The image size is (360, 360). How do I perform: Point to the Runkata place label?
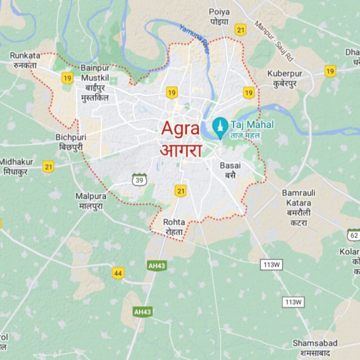pos(25,55)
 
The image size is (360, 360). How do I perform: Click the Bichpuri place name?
pos(71,137)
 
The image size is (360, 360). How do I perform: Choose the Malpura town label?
pos(91,196)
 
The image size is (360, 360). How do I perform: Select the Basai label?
pos(230,165)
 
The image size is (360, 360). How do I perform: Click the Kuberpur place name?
pos(285,74)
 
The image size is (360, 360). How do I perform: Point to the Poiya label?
pos(219,12)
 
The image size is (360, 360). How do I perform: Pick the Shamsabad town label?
pos(315,343)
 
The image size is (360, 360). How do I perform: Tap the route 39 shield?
pos(139,180)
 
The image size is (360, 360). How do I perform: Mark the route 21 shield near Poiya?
pos(240,30)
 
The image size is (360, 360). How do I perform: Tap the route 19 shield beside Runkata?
pos(67,78)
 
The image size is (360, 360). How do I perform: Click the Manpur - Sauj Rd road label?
pos(274,41)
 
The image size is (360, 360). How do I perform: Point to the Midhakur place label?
pos(16,162)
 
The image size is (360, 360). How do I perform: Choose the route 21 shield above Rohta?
pos(180,191)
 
